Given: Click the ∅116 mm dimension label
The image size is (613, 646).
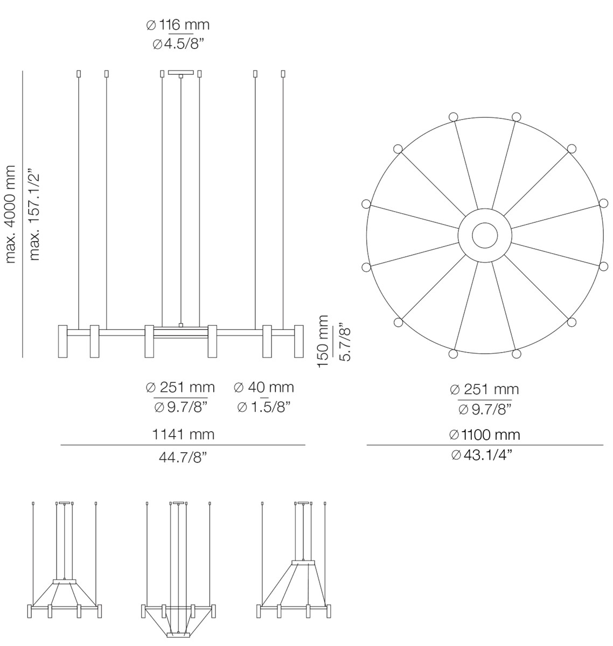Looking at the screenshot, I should pos(178,25).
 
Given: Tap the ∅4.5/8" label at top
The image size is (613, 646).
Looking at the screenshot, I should pos(178,44).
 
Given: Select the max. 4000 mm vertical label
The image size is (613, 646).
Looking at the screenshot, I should pos(10,214).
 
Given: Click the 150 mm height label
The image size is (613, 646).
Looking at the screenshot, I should pos(323,341).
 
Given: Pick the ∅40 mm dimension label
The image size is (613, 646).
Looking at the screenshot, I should pos(264,387).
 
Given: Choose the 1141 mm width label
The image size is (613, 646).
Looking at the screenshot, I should pos(183,434).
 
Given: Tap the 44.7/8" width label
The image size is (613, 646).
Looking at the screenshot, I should pos(183,457).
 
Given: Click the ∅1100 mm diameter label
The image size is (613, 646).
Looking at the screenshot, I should pos(485,434).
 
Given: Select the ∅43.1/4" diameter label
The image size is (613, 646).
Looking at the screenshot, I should pos(485,455).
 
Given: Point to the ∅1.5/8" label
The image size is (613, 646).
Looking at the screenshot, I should pos(264,406).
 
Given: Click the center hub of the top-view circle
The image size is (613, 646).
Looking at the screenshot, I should pos(485,236).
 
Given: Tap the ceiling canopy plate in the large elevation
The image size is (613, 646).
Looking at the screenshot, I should pos(181,72).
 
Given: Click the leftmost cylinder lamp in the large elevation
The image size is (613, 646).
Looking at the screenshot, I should pos(62,341).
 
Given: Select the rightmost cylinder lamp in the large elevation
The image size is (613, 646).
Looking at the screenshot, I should pos(298,341).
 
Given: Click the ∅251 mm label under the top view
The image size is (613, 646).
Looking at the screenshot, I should pos(485,389).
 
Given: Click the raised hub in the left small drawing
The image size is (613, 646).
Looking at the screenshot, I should pos(65,581).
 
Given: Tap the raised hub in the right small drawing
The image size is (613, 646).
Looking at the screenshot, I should pos(304,563).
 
